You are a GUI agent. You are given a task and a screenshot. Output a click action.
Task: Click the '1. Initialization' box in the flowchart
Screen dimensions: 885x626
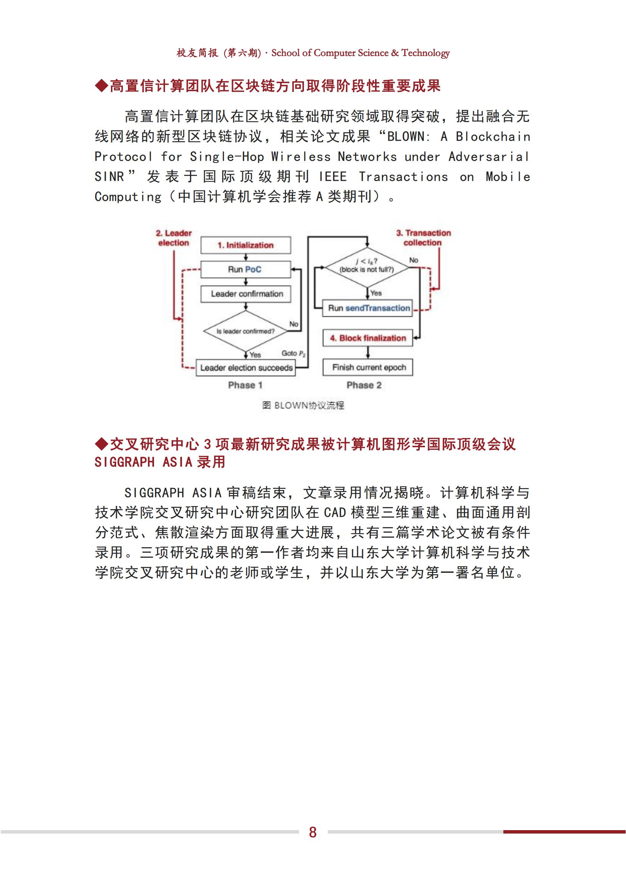coord(246,245)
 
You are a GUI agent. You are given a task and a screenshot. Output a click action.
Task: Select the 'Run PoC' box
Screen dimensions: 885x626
coord(246,269)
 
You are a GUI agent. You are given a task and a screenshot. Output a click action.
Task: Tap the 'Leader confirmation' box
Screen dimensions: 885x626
coord(246,294)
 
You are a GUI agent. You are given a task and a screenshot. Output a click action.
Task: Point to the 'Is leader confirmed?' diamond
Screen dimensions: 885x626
coord(246,331)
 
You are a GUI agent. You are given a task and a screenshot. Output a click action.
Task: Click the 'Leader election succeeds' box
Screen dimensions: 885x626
coord(246,368)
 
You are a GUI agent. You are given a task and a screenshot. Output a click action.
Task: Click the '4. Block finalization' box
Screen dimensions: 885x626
coord(368,338)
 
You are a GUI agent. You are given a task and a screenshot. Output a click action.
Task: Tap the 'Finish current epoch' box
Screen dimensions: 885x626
coord(368,367)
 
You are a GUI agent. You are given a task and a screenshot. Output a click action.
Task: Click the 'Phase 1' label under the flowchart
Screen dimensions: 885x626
coord(245,385)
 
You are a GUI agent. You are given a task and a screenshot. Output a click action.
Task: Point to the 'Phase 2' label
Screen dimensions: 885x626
coord(364,385)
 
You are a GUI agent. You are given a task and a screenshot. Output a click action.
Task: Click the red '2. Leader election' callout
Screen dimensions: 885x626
coord(173,238)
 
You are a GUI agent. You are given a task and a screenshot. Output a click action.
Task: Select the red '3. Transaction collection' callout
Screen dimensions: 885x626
coord(423,238)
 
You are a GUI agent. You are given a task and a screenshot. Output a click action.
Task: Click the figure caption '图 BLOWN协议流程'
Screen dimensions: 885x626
coord(303,405)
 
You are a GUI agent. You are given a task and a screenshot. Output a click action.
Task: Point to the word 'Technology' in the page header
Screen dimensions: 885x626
coord(425,53)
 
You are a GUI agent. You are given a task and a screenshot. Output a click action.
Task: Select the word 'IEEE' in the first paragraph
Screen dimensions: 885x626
coord(333,177)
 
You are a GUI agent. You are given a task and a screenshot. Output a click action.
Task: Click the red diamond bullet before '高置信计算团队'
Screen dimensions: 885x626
coord(101,86)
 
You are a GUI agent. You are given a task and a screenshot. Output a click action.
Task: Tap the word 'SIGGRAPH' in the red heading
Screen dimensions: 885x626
coord(125,462)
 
